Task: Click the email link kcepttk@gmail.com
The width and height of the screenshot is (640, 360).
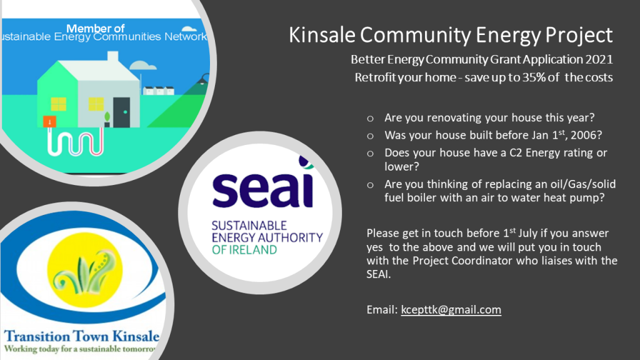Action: click(x=451, y=310)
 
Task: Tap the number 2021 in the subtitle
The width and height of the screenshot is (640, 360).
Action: click(x=599, y=59)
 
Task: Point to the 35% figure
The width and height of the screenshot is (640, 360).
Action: click(x=534, y=77)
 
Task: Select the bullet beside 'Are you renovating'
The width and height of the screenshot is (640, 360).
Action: click(x=370, y=119)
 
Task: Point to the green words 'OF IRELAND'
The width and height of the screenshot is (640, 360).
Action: click(x=244, y=249)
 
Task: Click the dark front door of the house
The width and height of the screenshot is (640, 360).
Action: click(x=122, y=112)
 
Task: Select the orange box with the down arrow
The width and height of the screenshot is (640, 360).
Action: click(x=49, y=122)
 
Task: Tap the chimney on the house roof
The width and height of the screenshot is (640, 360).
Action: click(x=112, y=56)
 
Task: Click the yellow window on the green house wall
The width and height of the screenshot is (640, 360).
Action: click(x=58, y=104)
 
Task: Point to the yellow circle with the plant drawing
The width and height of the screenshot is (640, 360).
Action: click(x=85, y=270)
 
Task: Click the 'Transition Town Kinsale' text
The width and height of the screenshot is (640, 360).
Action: click(x=82, y=336)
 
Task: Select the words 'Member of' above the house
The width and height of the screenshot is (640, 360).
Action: click(x=95, y=28)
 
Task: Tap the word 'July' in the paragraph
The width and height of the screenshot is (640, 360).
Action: click(x=529, y=234)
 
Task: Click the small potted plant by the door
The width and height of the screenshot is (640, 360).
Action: click(x=107, y=119)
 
